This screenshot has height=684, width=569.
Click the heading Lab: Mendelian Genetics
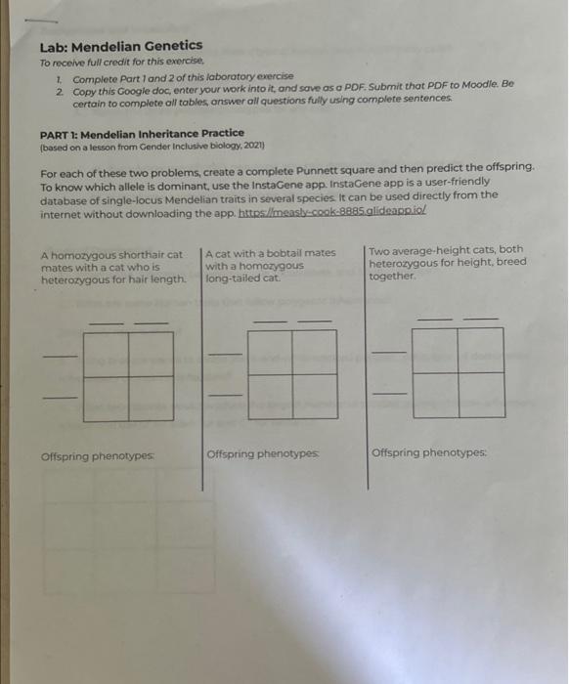click(x=121, y=45)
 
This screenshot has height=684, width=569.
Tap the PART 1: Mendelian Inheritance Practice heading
click(x=142, y=133)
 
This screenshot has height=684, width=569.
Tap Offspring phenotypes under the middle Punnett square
click(x=263, y=454)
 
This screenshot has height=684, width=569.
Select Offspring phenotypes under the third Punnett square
click(x=428, y=452)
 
